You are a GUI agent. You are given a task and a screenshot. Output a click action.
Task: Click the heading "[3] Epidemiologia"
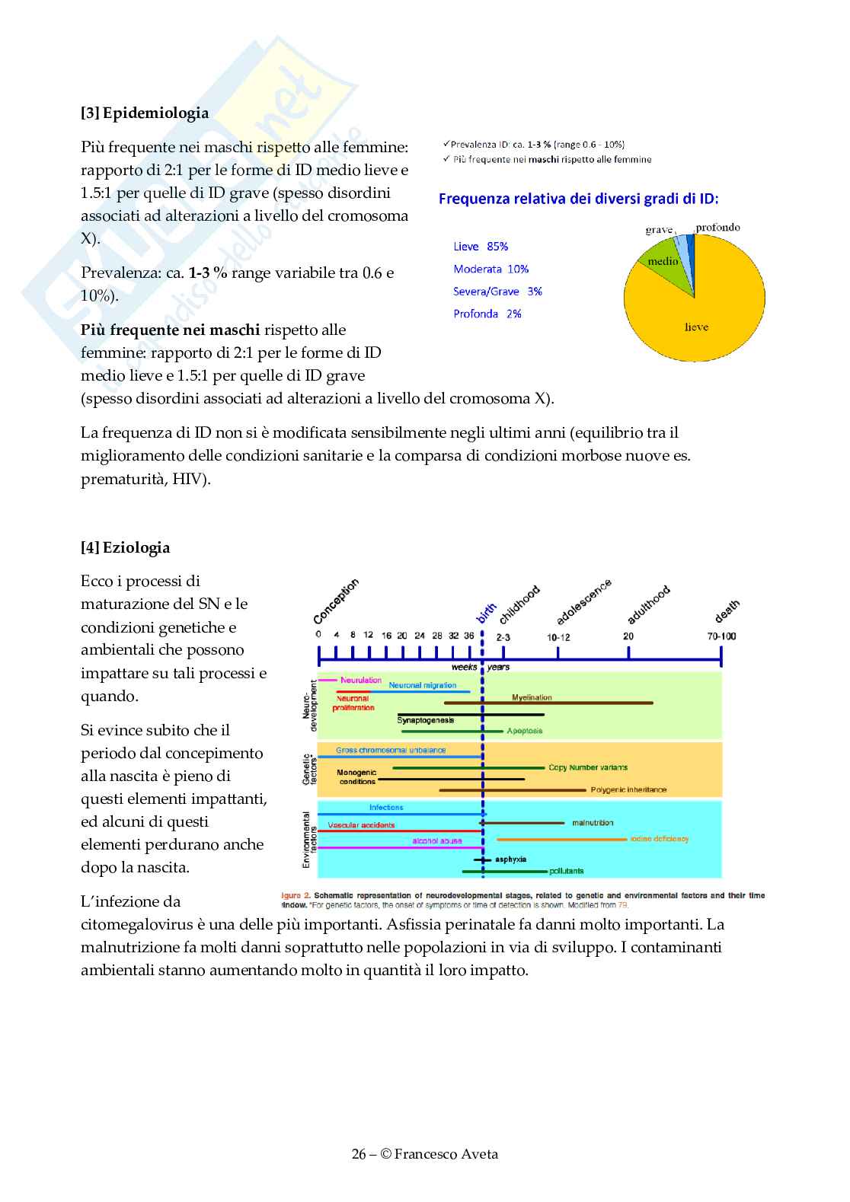(x=145, y=113)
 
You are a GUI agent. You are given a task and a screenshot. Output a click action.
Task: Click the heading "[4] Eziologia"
(x=126, y=548)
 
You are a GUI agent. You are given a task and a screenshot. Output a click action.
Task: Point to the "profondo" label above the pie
(x=717, y=228)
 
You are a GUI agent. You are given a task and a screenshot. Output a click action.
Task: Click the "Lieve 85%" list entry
(x=481, y=247)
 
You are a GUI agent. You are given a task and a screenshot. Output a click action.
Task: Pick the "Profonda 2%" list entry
(x=487, y=314)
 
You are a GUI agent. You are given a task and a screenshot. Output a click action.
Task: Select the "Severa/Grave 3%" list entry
(x=497, y=292)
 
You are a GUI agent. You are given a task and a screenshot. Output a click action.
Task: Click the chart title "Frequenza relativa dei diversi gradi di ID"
(x=578, y=199)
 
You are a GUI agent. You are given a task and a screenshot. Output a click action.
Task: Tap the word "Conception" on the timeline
(x=336, y=602)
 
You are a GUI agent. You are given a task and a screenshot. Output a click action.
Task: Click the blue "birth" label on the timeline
(x=486, y=613)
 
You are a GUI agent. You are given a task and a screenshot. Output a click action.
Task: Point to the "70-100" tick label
(x=721, y=636)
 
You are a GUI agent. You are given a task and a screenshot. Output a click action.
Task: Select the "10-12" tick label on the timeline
(x=558, y=637)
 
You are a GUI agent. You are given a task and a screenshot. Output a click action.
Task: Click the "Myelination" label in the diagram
(x=532, y=697)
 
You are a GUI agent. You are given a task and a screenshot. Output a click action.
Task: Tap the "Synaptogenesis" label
(x=426, y=720)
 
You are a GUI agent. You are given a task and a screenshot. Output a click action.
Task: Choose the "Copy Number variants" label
(x=588, y=767)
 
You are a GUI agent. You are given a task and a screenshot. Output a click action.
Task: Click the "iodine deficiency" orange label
(x=660, y=839)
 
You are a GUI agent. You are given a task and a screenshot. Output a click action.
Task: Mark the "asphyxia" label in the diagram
(x=511, y=859)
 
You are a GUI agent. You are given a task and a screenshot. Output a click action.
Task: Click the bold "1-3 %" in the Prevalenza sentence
(x=208, y=273)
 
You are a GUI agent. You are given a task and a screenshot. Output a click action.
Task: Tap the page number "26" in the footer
(x=359, y=1154)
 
